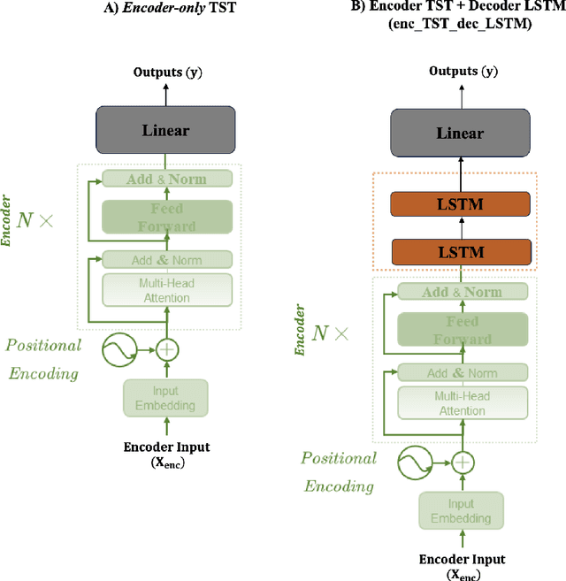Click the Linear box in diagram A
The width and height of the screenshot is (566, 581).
coord(165,130)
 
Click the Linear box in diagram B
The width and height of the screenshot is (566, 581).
coord(461,133)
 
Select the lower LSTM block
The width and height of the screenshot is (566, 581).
coord(461,251)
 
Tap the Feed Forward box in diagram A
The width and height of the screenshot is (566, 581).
coord(166,218)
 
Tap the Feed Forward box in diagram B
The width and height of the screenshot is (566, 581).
coord(462,330)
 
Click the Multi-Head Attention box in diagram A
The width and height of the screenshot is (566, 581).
coord(166,290)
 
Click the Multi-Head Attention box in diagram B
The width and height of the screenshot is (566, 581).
coord(462,403)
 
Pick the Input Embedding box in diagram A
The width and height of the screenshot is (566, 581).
coord(166,398)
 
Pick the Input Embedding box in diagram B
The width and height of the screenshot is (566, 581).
coord(462,511)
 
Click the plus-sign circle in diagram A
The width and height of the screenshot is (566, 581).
coord(166,349)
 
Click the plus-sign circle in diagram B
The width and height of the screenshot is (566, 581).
coord(462,461)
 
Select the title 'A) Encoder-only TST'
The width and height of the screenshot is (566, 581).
coord(166,11)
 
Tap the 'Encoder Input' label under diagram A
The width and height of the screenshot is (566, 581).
coord(166,447)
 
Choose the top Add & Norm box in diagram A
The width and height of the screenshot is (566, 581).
coord(166,179)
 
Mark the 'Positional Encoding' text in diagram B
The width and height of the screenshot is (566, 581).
coord(339,471)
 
